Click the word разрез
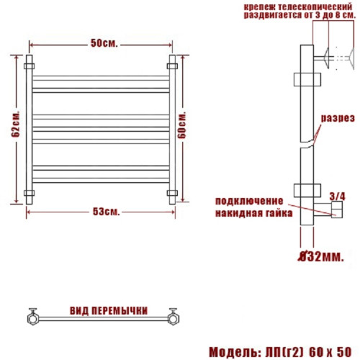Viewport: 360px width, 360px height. coord(337,118)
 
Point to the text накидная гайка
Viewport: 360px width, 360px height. coord(253,214)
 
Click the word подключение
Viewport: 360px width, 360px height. coord(249,203)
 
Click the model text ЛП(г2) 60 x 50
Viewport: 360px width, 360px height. coord(311,351)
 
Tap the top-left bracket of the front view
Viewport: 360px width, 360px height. coord(30,66)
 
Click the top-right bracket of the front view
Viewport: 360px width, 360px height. coord(172,66)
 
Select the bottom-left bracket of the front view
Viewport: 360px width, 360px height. coord(30,192)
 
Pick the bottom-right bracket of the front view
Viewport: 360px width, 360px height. coord(172,192)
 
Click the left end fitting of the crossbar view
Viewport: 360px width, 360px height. coord(32,316)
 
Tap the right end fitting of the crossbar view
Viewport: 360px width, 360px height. coord(173,316)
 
